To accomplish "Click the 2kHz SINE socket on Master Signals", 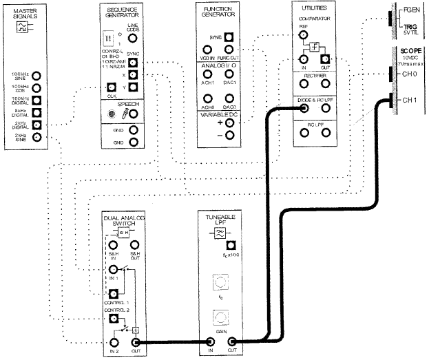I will [x=37, y=137].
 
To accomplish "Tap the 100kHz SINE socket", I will [x=37, y=76].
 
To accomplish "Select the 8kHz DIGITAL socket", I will [x=37, y=112].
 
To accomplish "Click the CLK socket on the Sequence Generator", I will [x=111, y=87].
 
